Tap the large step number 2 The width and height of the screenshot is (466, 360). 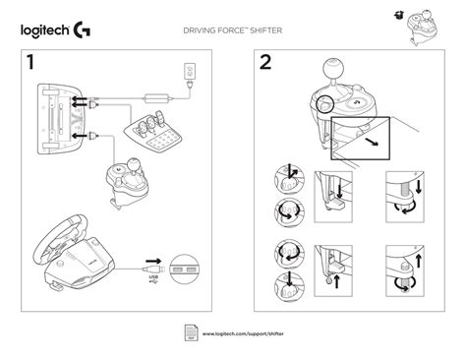point(264,63)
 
